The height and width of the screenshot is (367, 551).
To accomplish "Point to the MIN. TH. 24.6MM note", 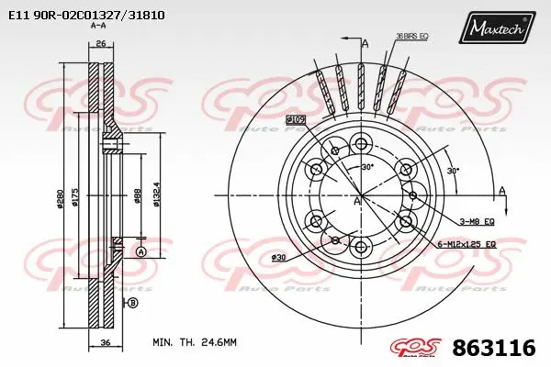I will click(194, 341).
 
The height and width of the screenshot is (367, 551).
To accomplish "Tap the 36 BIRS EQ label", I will click(412, 36).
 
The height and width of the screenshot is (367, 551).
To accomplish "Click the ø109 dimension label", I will click(296, 119).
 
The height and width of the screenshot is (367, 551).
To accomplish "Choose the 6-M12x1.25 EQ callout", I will click(466, 245).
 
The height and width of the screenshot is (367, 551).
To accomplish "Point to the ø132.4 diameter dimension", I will click(158, 195).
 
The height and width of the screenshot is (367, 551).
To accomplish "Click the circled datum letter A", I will click(140, 251).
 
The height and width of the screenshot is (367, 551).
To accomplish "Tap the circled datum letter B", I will click(132, 303).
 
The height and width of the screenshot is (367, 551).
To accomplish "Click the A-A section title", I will click(98, 28).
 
